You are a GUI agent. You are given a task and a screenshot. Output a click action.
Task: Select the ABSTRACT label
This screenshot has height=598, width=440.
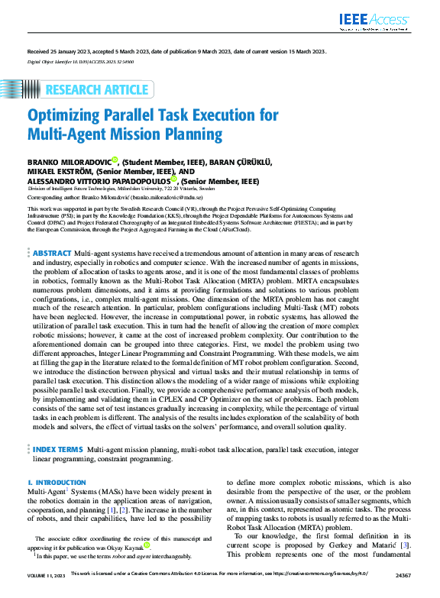pyautogui.click(x=52, y=253)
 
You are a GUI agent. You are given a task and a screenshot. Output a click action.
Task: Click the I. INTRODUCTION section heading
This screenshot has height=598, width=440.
pyautogui.click(x=57, y=483)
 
